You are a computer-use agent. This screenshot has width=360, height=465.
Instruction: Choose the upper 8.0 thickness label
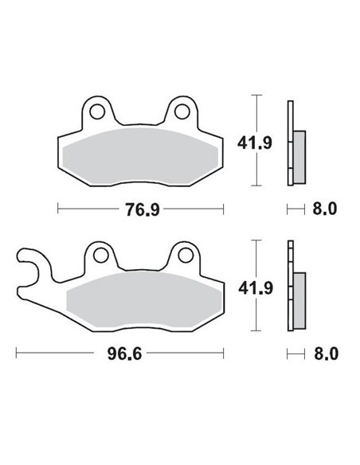pyautogui.click(x=325, y=209)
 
